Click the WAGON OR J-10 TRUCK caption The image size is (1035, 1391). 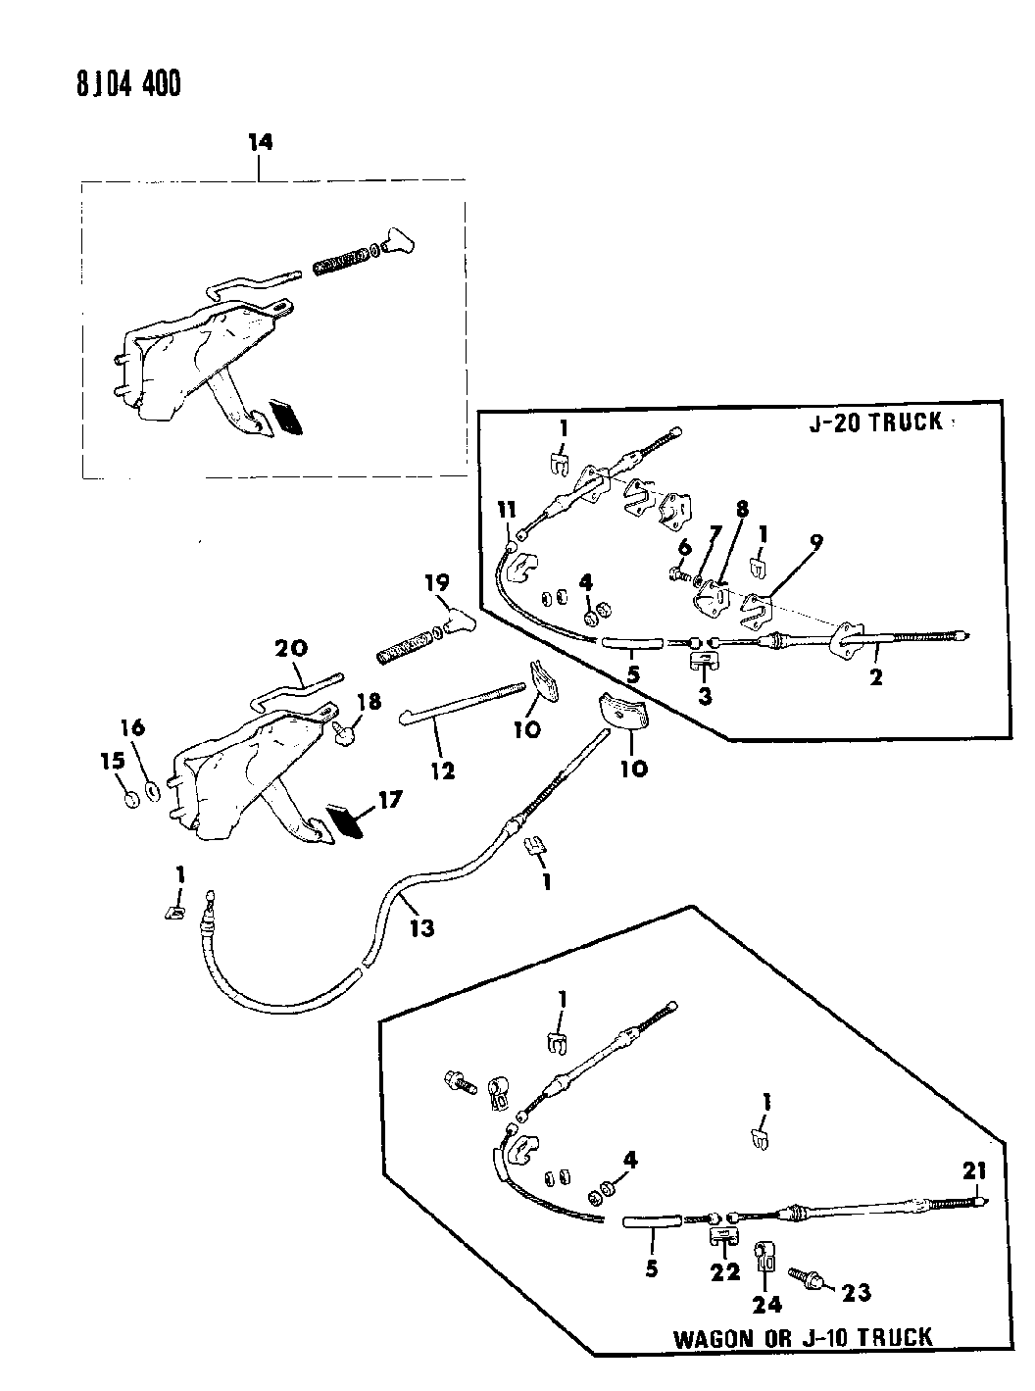(x=802, y=1336)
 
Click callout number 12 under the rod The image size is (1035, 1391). (x=442, y=770)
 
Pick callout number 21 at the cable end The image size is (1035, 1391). (x=975, y=1169)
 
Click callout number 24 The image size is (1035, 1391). (x=767, y=1305)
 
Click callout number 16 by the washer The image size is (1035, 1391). (x=132, y=727)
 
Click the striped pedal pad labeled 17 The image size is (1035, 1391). (x=347, y=820)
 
